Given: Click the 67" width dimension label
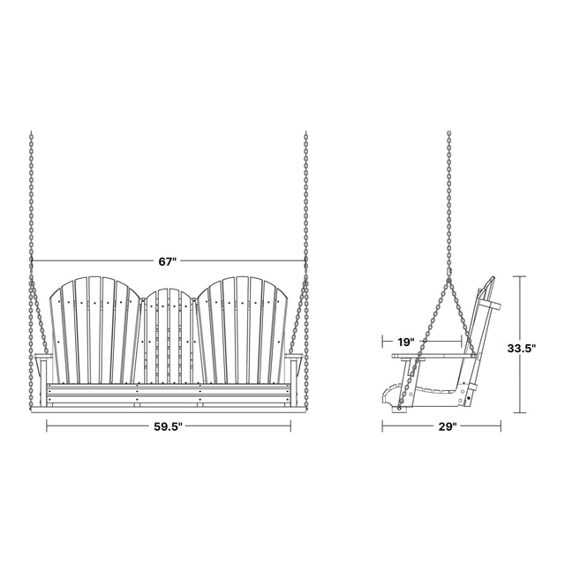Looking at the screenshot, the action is click(x=168, y=261).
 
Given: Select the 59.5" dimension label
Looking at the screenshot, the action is click(x=169, y=426).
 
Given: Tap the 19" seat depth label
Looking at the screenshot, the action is click(x=406, y=342).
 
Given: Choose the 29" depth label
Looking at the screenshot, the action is click(x=448, y=426).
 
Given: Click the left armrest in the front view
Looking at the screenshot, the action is click(x=43, y=357).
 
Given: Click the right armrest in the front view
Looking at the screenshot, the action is click(x=294, y=357).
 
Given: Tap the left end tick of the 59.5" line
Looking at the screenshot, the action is click(x=47, y=426).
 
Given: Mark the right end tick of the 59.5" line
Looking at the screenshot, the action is click(x=290, y=426).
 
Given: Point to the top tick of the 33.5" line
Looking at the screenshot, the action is click(x=519, y=276).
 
